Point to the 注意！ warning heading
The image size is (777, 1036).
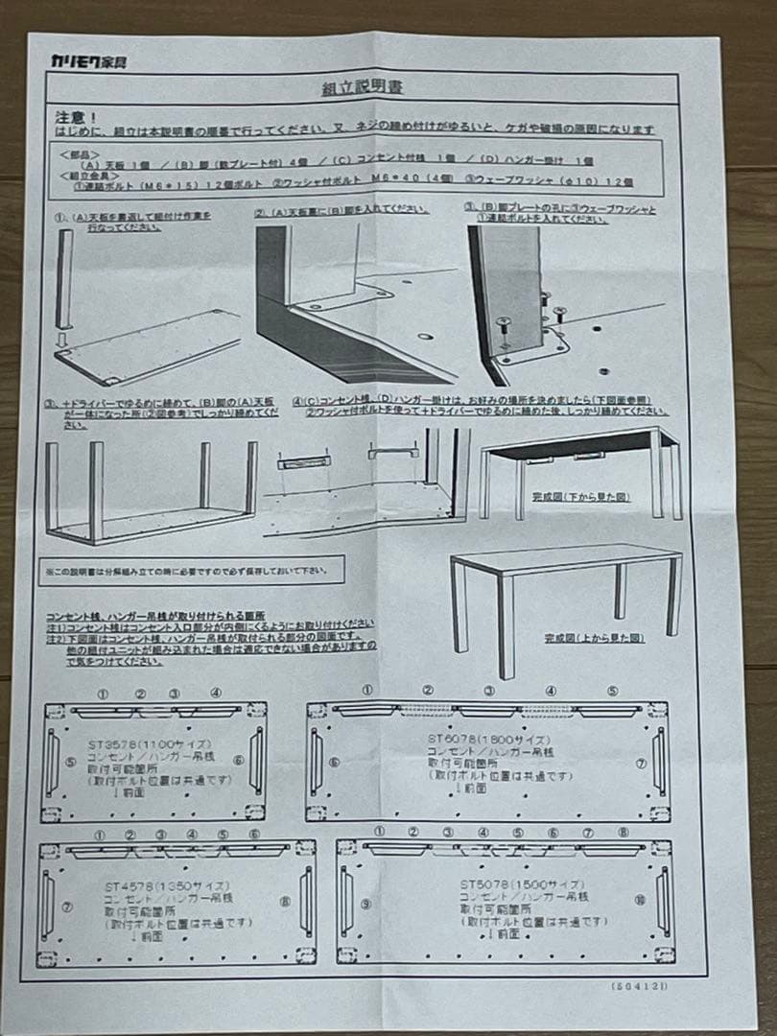tap(73, 115)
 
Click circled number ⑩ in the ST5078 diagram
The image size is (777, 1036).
tap(640, 901)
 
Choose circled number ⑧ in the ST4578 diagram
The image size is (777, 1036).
tap(285, 903)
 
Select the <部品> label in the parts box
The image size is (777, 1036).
tap(79, 153)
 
